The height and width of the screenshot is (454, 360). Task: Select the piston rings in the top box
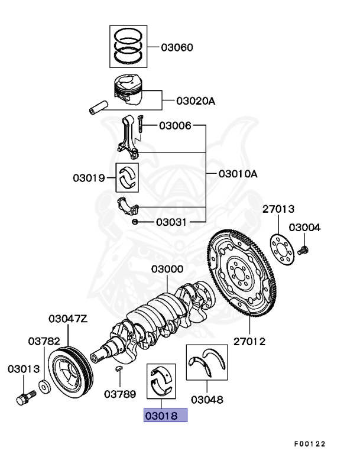coord(128,46)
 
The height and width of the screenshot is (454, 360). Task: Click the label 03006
coord(175,125)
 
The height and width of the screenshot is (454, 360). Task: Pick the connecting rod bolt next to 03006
coord(140,125)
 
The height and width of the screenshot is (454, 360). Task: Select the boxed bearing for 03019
coord(127,177)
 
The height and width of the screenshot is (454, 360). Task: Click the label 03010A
coord(238,174)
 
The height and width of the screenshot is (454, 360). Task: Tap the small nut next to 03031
coord(135,222)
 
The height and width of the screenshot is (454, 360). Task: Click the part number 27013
coord(279,209)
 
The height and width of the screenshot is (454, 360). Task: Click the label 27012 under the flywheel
coord(249,341)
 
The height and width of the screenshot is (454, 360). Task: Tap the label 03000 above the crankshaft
coord(167,269)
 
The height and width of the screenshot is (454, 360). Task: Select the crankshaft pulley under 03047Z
coord(70,371)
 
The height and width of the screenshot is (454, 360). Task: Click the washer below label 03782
coord(44,388)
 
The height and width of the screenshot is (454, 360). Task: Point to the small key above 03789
coord(118,369)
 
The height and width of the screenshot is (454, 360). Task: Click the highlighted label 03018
coord(166,415)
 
